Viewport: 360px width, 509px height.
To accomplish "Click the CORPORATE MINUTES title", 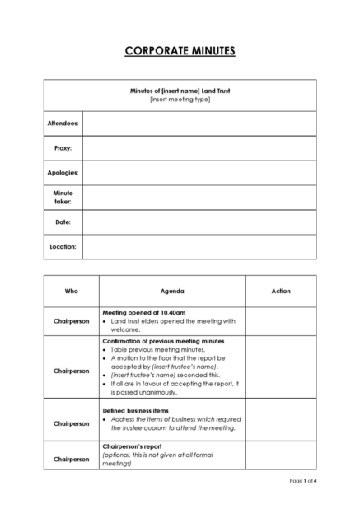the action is click(x=180, y=51).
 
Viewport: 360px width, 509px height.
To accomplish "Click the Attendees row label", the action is click(x=63, y=124).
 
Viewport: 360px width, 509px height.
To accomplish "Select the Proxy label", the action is click(x=63, y=148).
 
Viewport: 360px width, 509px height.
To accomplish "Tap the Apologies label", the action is click(x=63, y=173).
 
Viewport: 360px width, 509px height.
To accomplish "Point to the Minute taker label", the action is click(x=63, y=197).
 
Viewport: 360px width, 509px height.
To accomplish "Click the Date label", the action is click(x=63, y=222).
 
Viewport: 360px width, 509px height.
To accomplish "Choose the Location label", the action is click(x=63, y=246).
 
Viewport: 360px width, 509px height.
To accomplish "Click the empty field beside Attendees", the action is click(x=199, y=124).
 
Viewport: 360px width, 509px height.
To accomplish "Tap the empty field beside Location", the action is click(x=199, y=246).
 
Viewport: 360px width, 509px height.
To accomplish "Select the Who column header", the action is click(x=71, y=291).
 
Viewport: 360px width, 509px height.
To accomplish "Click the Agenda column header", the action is click(x=172, y=291).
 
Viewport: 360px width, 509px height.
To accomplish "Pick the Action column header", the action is click(x=280, y=291).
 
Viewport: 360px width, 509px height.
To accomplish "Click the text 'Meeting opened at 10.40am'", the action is click(x=143, y=313).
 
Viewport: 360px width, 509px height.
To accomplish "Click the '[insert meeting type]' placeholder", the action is click(x=180, y=100).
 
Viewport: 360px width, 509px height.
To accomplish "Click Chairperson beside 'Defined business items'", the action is click(x=71, y=423).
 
